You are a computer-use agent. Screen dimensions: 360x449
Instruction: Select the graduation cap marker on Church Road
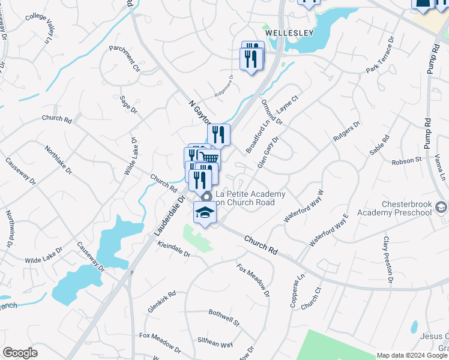click(205, 213)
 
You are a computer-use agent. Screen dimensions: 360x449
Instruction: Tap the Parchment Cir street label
click(124, 58)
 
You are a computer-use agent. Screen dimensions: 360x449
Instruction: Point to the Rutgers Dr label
click(346, 132)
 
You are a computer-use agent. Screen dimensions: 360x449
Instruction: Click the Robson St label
click(406, 161)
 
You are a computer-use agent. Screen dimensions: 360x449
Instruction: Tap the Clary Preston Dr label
click(387, 259)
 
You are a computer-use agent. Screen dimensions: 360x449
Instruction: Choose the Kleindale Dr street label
click(173, 250)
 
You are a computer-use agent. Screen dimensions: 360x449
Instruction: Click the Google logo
click(20, 353)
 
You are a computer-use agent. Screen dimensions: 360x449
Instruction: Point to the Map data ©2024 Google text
click(412, 355)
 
